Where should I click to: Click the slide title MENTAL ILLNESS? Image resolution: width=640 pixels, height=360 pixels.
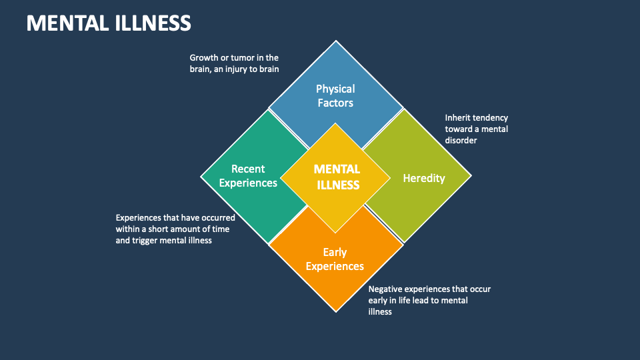click(x=109, y=23)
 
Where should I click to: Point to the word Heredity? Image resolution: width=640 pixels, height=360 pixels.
click(x=424, y=178)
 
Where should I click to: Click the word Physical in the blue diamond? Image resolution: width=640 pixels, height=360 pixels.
click(x=335, y=89)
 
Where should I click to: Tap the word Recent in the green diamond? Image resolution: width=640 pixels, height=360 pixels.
click(x=248, y=169)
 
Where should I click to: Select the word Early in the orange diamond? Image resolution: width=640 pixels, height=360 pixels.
click(x=335, y=253)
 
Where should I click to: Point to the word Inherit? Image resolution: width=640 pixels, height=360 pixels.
click(x=459, y=118)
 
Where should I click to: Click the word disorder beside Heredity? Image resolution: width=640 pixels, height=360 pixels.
click(x=461, y=141)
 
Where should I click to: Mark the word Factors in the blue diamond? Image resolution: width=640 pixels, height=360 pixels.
click(x=335, y=103)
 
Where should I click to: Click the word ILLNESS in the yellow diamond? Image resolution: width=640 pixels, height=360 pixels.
click(x=337, y=185)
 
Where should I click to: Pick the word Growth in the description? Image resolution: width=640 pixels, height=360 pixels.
click(x=203, y=58)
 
